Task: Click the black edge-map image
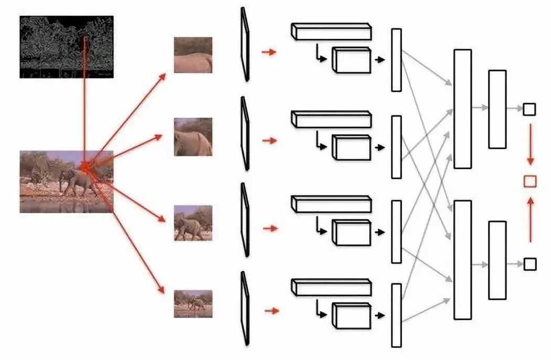click(x=66, y=47)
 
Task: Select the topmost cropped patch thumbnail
click(x=193, y=55)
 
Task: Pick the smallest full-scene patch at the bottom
click(x=193, y=303)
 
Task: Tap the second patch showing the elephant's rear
click(x=193, y=136)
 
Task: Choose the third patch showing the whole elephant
click(x=193, y=223)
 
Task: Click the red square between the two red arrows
click(x=530, y=181)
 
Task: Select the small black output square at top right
click(x=529, y=109)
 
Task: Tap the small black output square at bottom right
click(x=529, y=263)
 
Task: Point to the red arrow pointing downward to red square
click(x=530, y=144)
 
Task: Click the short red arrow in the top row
click(x=269, y=52)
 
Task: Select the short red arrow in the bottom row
click(x=271, y=311)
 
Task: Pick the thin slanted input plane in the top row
click(x=245, y=45)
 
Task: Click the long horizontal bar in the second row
click(x=331, y=119)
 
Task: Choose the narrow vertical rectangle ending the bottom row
click(x=396, y=315)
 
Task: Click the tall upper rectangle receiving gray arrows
click(x=462, y=109)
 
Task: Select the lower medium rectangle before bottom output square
click(x=497, y=260)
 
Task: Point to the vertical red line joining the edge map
click(x=84, y=105)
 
